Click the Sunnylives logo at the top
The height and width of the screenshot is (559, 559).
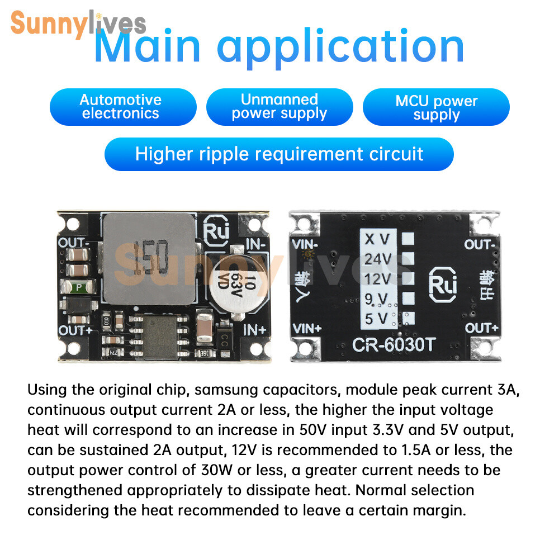coord(78,23)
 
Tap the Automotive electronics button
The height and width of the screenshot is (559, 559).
coord(123,107)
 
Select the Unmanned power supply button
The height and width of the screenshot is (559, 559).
coord(279,107)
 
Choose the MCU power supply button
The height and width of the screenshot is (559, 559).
coord(436,107)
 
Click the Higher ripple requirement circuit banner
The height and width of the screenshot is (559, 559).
coord(279,154)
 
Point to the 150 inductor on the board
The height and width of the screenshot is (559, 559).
coord(150,259)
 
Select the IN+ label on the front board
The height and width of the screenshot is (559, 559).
coord(254,330)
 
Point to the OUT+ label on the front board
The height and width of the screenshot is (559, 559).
coord(75,330)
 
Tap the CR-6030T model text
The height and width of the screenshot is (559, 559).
coord(394,345)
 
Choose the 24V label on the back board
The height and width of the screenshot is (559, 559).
coord(378,259)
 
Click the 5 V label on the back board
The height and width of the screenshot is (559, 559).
coord(376,319)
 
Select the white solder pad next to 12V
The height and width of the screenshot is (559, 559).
coord(408,278)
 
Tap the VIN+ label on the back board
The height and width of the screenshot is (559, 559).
coord(307,328)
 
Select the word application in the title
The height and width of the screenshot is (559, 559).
coord(340,47)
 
